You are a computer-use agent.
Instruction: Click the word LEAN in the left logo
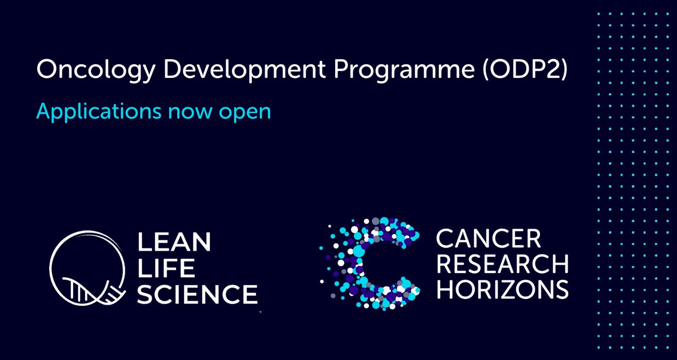(x=174, y=243)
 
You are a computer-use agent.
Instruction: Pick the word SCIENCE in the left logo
(x=197, y=294)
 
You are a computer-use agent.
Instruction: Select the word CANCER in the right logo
(x=487, y=239)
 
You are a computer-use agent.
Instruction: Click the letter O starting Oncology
(x=46, y=71)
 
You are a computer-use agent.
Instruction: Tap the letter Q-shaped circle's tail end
(x=128, y=287)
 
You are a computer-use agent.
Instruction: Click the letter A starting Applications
(x=43, y=110)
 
